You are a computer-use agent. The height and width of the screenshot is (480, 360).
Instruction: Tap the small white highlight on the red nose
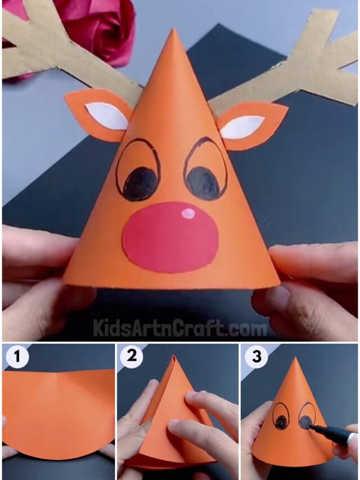point(189,213)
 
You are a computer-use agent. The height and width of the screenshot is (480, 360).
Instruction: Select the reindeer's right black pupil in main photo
point(204,182)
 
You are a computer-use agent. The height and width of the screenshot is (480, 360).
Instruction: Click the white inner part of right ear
point(241,127)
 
